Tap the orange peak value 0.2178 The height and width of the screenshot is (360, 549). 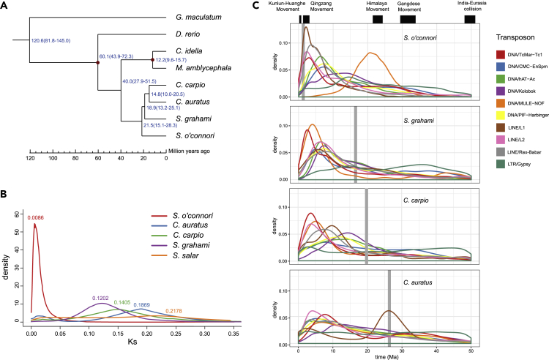179,292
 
